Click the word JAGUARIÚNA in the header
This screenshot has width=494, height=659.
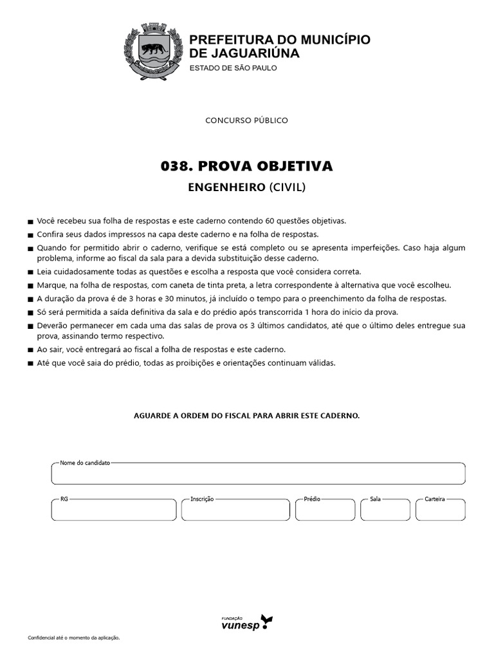tap(253, 53)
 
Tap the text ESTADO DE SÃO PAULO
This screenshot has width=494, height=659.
tap(233, 68)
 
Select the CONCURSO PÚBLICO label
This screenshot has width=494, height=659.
tap(246, 120)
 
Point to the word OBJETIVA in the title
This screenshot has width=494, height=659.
tap(298, 167)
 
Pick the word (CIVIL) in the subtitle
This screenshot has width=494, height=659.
tap(288, 188)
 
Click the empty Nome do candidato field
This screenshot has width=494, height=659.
tap(258, 474)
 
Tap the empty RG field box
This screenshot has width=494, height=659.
tap(114, 510)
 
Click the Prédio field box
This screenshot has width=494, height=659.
tap(325, 510)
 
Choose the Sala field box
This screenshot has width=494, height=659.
tap(385, 510)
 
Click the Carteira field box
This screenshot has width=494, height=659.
tap(440, 510)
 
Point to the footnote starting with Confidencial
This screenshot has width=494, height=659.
tap(74, 638)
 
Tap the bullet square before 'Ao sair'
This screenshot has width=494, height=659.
tap(31, 351)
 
